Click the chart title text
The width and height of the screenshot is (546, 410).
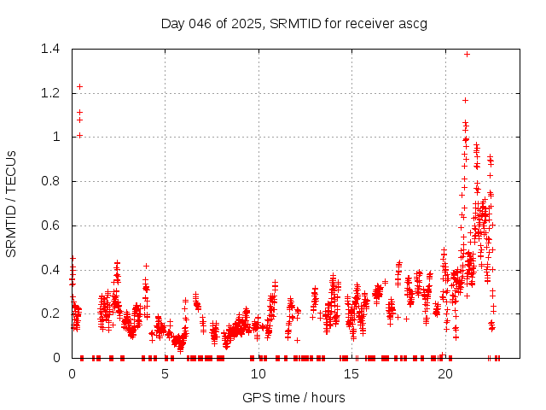[294, 23]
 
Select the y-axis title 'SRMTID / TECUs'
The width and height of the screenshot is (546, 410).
[11, 203]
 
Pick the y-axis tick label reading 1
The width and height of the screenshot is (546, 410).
[57, 137]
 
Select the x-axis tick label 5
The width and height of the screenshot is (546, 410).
[166, 373]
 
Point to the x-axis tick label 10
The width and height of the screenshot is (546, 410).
[258, 373]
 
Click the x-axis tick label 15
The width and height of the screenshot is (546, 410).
[351, 373]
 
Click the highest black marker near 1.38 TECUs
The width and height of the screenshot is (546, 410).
[467, 54]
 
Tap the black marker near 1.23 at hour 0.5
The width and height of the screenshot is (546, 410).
[80, 86]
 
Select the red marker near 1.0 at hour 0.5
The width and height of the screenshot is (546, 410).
[80, 135]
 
